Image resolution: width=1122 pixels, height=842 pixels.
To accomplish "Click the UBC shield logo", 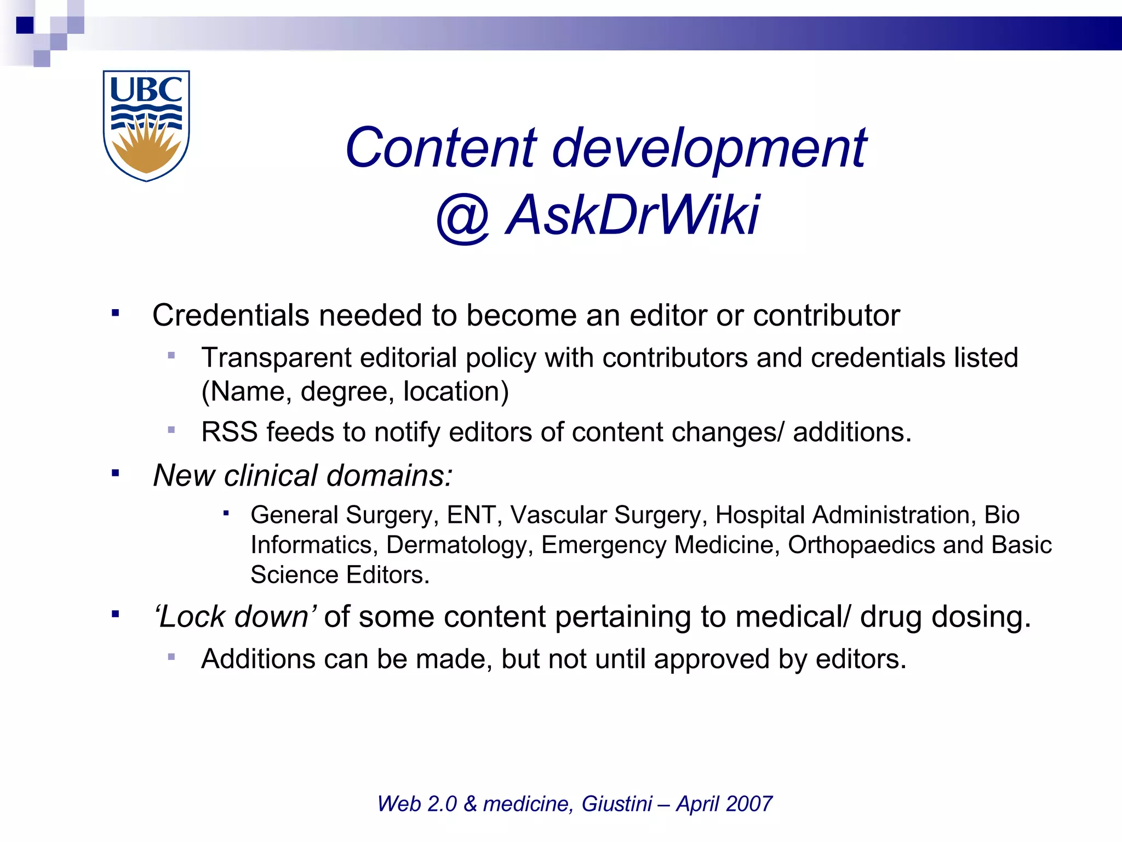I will point(146,126).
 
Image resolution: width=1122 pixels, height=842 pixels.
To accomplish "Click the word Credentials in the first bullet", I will point(231,316).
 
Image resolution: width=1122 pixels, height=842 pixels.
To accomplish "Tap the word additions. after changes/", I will point(852,432).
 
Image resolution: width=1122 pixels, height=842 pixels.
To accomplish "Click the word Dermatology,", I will point(459,545).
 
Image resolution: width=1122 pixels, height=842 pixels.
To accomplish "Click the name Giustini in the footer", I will point(616,804).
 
